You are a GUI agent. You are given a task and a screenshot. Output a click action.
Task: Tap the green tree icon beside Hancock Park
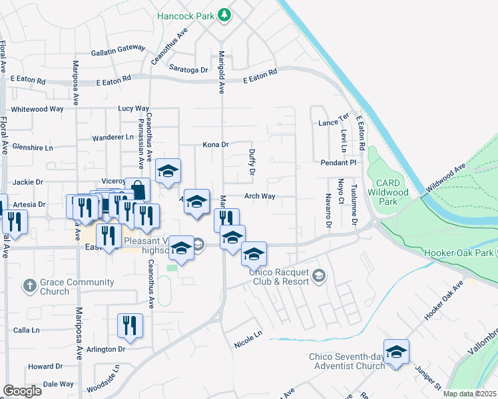[x=224, y=14]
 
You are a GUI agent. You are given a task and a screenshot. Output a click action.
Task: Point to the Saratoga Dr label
[x=189, y=69]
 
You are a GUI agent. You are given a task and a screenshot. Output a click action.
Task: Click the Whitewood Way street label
[x=37, y=108]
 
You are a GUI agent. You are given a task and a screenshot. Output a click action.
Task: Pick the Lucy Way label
[x=133, y=108]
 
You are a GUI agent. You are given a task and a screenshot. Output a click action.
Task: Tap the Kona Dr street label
[x=216, y=144]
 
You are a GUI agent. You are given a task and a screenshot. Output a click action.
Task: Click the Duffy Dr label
[x=252, y=162]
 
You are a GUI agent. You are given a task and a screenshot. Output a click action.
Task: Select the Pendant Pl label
[x=338, y=162]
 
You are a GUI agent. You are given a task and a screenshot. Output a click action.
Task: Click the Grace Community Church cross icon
[x=29, y=287]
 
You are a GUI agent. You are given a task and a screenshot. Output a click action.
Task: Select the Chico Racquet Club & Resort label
[x=280, y=276]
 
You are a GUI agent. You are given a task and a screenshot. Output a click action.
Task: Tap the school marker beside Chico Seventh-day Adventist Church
[x=396, y=352]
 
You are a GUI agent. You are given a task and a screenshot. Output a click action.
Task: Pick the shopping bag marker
[x=137, y=190]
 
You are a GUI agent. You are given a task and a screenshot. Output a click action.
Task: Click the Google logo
[x=22, y=391]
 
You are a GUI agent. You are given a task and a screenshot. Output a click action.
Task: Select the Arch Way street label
[x=260, y=196]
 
